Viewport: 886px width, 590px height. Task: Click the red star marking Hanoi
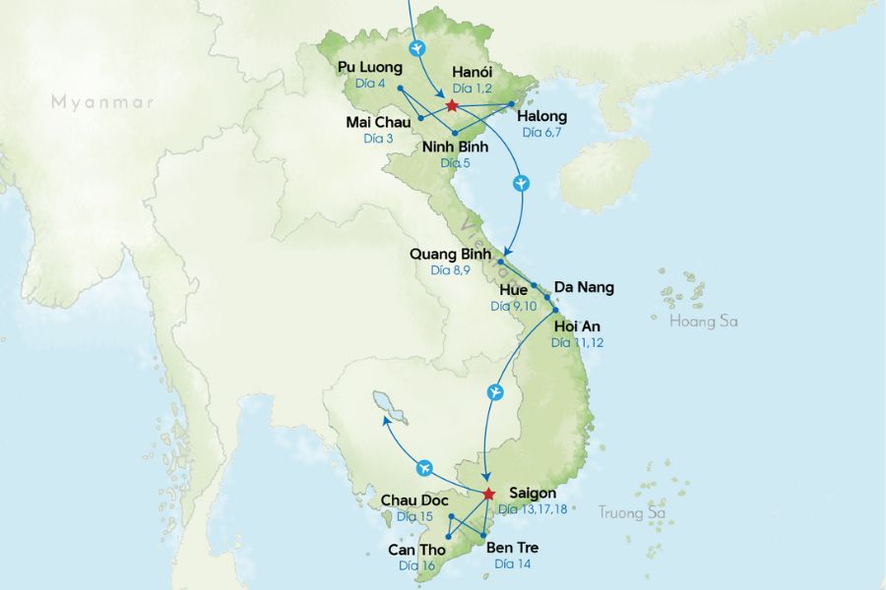click(x=451, y=105)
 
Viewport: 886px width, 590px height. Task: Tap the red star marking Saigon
click(x=488, y=494)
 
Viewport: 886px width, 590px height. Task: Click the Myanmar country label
click(x=103, y=101)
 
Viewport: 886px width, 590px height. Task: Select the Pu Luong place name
click(x=370, y=67)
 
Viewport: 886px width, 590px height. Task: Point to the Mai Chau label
click(x=379, y=122)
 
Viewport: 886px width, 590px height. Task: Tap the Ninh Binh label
click(x=455, y=147)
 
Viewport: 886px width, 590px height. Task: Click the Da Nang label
click(x=584, y=287)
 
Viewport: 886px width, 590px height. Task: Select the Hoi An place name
click(x=577, y=325)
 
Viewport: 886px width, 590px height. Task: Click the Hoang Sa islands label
click(x=703, y=322)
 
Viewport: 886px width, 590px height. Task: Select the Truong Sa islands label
click(x=632, y=512)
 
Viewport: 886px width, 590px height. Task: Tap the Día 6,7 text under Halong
click(x=541, y=132)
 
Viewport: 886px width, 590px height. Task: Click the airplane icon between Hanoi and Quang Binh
click(x=522, y=184)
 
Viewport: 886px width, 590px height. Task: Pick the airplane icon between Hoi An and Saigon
click(x=496, y=393)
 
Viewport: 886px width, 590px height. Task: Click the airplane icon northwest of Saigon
click(x=425, y=466)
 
